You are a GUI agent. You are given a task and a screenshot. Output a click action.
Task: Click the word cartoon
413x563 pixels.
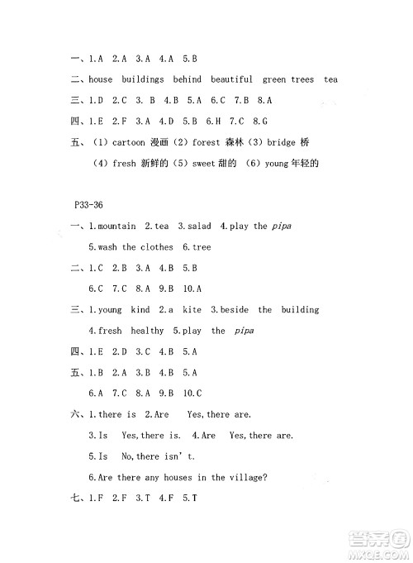pyautogui.click(x=129, y=143)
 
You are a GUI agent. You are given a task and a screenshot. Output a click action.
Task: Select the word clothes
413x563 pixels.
pyautogui.click(x=159, y=246)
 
